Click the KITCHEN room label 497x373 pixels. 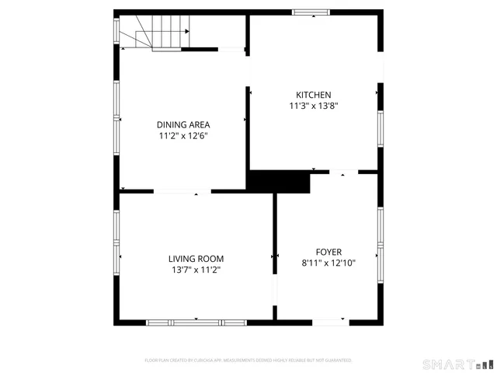coord(314,94)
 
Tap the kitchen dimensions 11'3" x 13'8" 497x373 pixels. coord(314,106)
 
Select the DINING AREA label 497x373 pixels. coord(182,124)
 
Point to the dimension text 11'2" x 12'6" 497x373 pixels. coord(182,135)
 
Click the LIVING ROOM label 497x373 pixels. coord(196,259)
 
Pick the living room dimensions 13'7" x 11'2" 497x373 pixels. coord(196,270)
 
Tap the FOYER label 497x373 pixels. coord(328,251)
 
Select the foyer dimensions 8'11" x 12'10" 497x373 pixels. coord(328,263)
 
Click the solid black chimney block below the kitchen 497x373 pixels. coord(277,181)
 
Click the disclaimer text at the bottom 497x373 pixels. coord(248,361)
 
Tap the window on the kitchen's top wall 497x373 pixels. coord(311,12)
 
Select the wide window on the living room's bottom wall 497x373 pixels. coord(196,322)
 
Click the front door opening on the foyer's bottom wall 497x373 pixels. coord(329,322)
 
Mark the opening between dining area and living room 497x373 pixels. coord(182,191)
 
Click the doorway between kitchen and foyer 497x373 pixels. coord(344,172)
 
